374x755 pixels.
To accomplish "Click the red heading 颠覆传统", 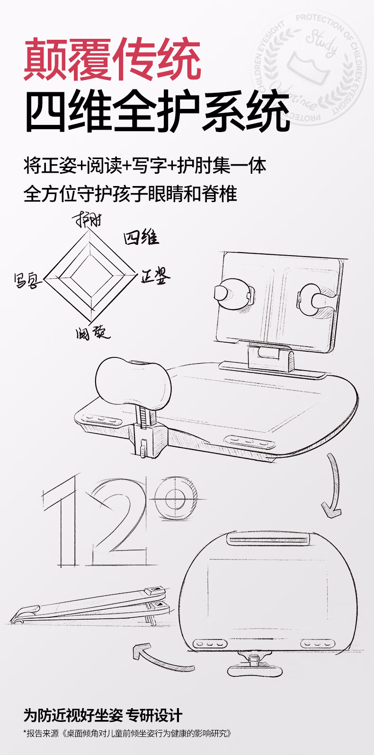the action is (113, 60).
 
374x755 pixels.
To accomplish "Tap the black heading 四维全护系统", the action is (157, 112).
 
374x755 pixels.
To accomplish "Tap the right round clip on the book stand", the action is (314, 298).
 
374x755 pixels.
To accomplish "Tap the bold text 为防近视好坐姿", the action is (73, 715).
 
